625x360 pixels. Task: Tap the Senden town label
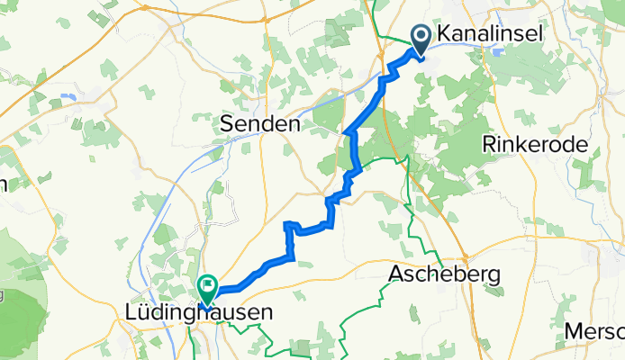point(260,126)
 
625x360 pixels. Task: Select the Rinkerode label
point(535,144)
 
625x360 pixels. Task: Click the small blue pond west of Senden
point(66,94)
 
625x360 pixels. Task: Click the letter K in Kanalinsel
point(444,34)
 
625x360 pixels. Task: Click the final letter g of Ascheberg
point(494,275)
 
